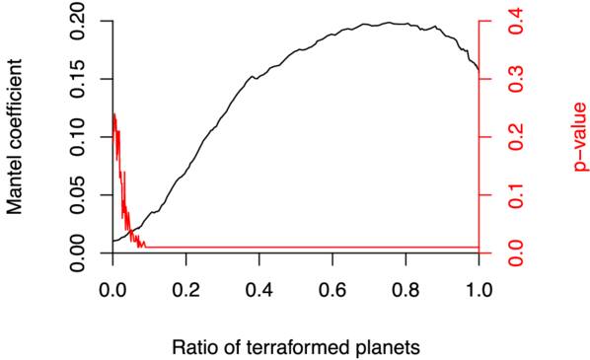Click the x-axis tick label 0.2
[186, 290]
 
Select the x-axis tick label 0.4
[259, 290]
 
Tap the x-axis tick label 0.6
[332, 290]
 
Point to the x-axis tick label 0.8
[406, 290]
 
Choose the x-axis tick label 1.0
[479, 290]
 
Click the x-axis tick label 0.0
[112, 290]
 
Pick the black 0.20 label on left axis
[79, 21]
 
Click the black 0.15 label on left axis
[79, 79]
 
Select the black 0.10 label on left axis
[79, 137]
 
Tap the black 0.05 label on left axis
[79, 195]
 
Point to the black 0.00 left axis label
[79, 252]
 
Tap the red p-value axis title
[580, 137]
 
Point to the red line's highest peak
[114, 112]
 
